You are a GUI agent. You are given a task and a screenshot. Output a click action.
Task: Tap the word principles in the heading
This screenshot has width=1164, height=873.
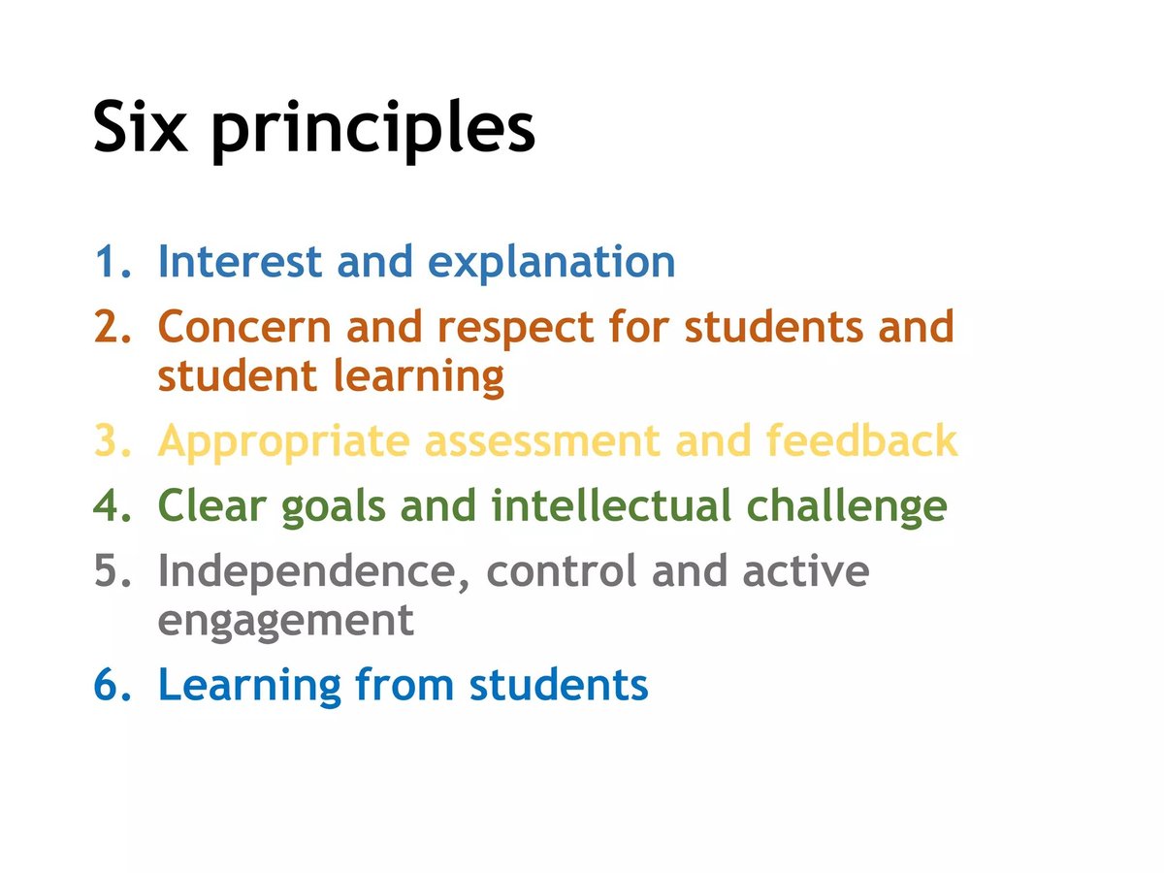pos(372,131)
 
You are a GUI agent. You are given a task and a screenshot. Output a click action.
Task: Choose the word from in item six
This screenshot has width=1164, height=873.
pos(406,685)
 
